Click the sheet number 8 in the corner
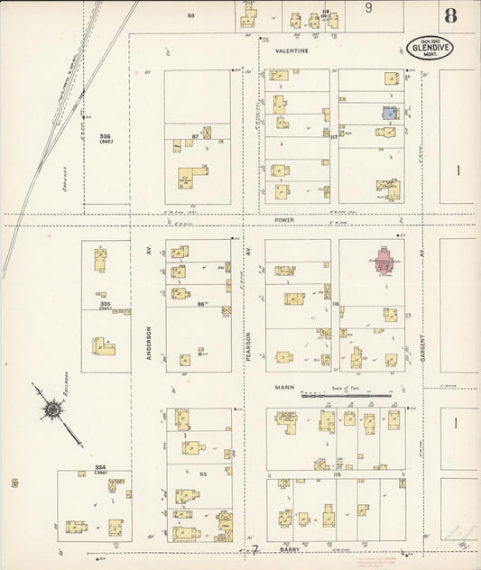450,17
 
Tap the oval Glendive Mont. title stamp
430,48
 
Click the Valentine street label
291,51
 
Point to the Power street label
286,219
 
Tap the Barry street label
289,547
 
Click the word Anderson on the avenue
149,343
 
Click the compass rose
52,411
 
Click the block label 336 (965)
105,139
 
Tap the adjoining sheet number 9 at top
368,7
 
